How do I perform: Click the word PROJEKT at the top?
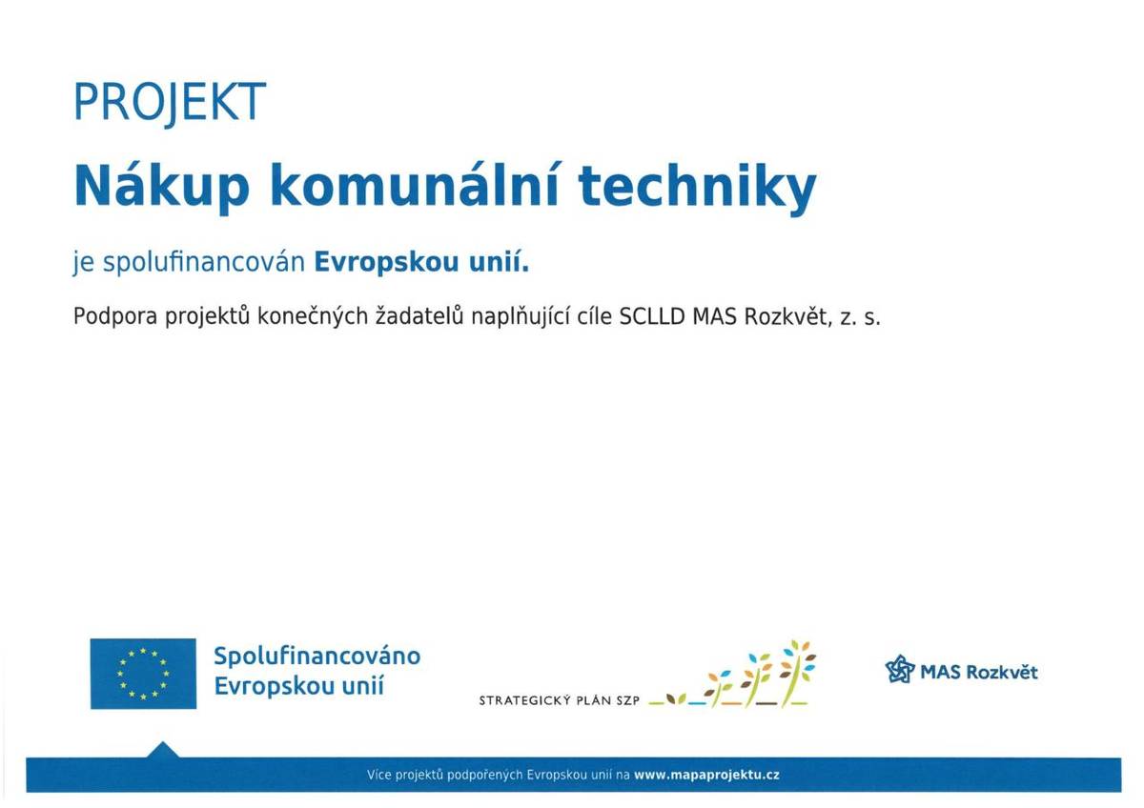click(x=170, y=103)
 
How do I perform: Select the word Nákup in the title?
click(x=162, y=188)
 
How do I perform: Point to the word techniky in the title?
click(x=697, y=188)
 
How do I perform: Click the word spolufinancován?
click(x=204, y=263)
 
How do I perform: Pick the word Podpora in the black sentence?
click(x=115, y=317)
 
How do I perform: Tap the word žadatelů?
click(x=419, y=316)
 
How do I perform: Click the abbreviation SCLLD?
click(x=652, y=317)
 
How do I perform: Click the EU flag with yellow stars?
click(x=143, y=674)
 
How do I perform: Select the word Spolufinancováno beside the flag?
click(x=317, y=656)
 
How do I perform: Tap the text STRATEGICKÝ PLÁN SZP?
click(x=559, y=700)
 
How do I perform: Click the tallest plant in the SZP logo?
click(x=797, y=673)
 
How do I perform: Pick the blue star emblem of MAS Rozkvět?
click(x=900, y=670)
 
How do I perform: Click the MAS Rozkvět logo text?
click(x=978, y=672)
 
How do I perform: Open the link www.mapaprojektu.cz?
click(x=706, y=775)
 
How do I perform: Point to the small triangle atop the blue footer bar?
click(x=162, y=750)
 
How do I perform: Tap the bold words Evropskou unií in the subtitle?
click(x=421, y=263)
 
